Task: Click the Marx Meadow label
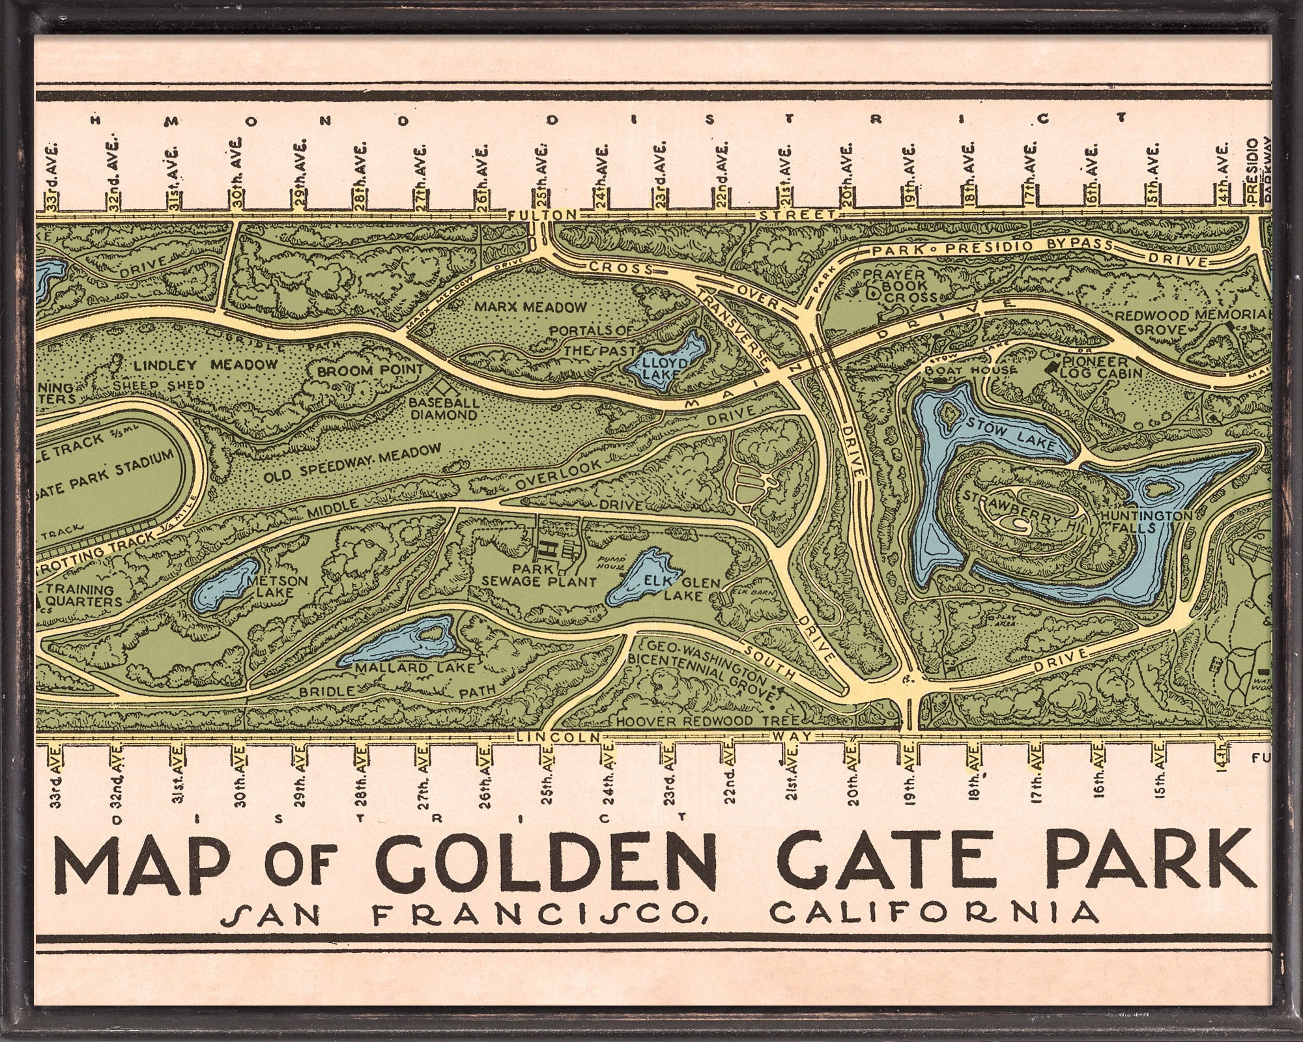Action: tap(530, 306)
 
